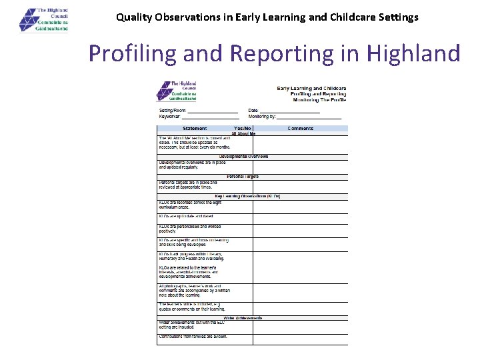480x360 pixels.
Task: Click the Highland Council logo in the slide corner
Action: [x=44, y=20]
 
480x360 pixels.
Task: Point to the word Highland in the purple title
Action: [x=407, y=53]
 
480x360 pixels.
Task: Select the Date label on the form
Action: [x=253, y=111]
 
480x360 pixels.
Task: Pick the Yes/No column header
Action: [x=243, y=128]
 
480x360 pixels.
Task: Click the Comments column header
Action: [x=301, y=128]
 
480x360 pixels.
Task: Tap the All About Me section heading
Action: [x=243, y=134]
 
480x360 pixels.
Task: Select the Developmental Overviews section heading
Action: [x=244, y=157]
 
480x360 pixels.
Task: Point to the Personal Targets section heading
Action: [x=243, y=177]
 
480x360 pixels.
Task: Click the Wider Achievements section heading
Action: [x=243, y=318]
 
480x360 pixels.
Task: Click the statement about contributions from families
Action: [x=193, y=337]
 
